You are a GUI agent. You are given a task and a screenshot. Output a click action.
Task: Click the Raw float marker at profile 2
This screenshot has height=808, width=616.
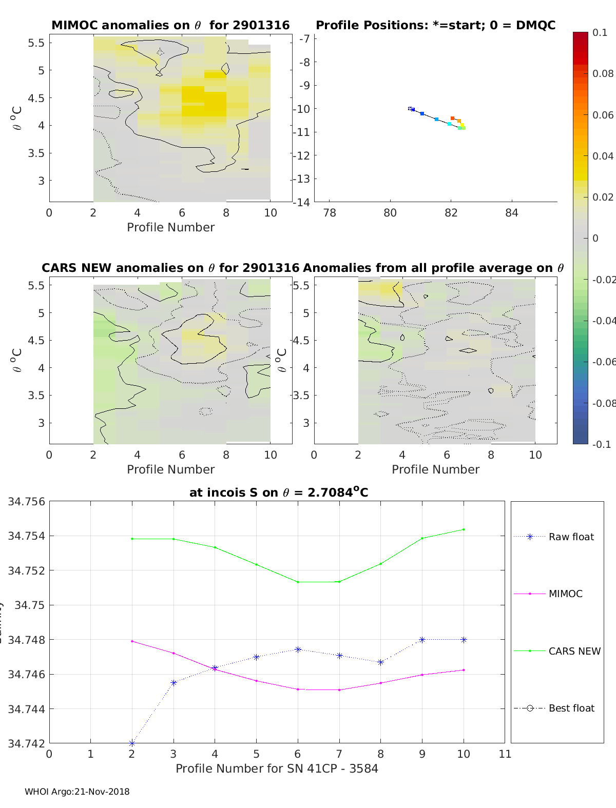(x=132, y=743)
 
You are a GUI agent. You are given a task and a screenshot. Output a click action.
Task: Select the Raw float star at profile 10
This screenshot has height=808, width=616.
(x=464, y=640)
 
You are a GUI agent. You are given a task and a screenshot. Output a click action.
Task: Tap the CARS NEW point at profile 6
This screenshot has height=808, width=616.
(x=298, y=582)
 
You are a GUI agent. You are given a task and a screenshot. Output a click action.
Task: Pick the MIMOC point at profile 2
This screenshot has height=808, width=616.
(x=132, y=641)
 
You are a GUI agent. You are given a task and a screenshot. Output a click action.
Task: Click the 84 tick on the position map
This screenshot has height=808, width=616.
(x=511, y=212)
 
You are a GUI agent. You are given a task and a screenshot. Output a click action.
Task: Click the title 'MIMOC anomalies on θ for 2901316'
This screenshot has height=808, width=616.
(x=170, y=25)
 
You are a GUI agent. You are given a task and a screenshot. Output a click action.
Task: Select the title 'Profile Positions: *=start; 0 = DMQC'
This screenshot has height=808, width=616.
(x=435, y=25)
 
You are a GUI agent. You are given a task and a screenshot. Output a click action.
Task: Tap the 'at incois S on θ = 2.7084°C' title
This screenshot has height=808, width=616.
(x=279, y=492)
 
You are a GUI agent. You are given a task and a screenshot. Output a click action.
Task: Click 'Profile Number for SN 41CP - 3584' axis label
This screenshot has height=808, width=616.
(x=277, y=768)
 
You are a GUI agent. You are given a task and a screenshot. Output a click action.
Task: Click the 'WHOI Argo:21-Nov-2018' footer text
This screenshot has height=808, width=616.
(x=77, y=792)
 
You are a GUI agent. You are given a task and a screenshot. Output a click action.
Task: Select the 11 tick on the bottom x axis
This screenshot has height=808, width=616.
(x=505, y=754)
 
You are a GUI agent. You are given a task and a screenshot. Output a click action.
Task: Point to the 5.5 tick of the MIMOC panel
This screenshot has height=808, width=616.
(x=36, y=43)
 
